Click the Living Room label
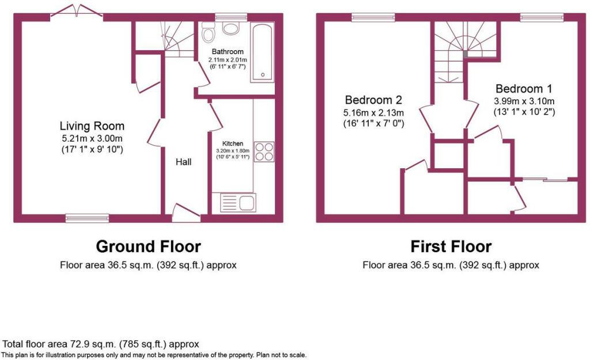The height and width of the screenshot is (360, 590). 92,126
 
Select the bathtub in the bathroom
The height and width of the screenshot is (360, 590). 263,52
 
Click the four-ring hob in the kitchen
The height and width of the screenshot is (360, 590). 264,151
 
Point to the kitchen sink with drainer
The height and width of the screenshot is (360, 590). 238,202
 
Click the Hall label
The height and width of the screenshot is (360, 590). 184,162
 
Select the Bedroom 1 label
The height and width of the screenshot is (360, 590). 524,89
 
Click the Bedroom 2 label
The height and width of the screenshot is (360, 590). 373,100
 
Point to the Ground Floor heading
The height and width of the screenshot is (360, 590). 148,247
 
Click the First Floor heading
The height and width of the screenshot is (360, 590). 451,247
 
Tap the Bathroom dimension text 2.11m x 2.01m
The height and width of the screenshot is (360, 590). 228,60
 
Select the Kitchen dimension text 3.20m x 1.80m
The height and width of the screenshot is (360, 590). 233,151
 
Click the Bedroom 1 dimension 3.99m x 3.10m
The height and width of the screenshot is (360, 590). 524,101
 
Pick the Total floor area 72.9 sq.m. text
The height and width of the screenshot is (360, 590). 101,344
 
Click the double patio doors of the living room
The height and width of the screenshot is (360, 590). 77,12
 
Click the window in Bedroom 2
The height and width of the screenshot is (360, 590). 373,17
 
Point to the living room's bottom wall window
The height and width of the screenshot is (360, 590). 87,218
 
